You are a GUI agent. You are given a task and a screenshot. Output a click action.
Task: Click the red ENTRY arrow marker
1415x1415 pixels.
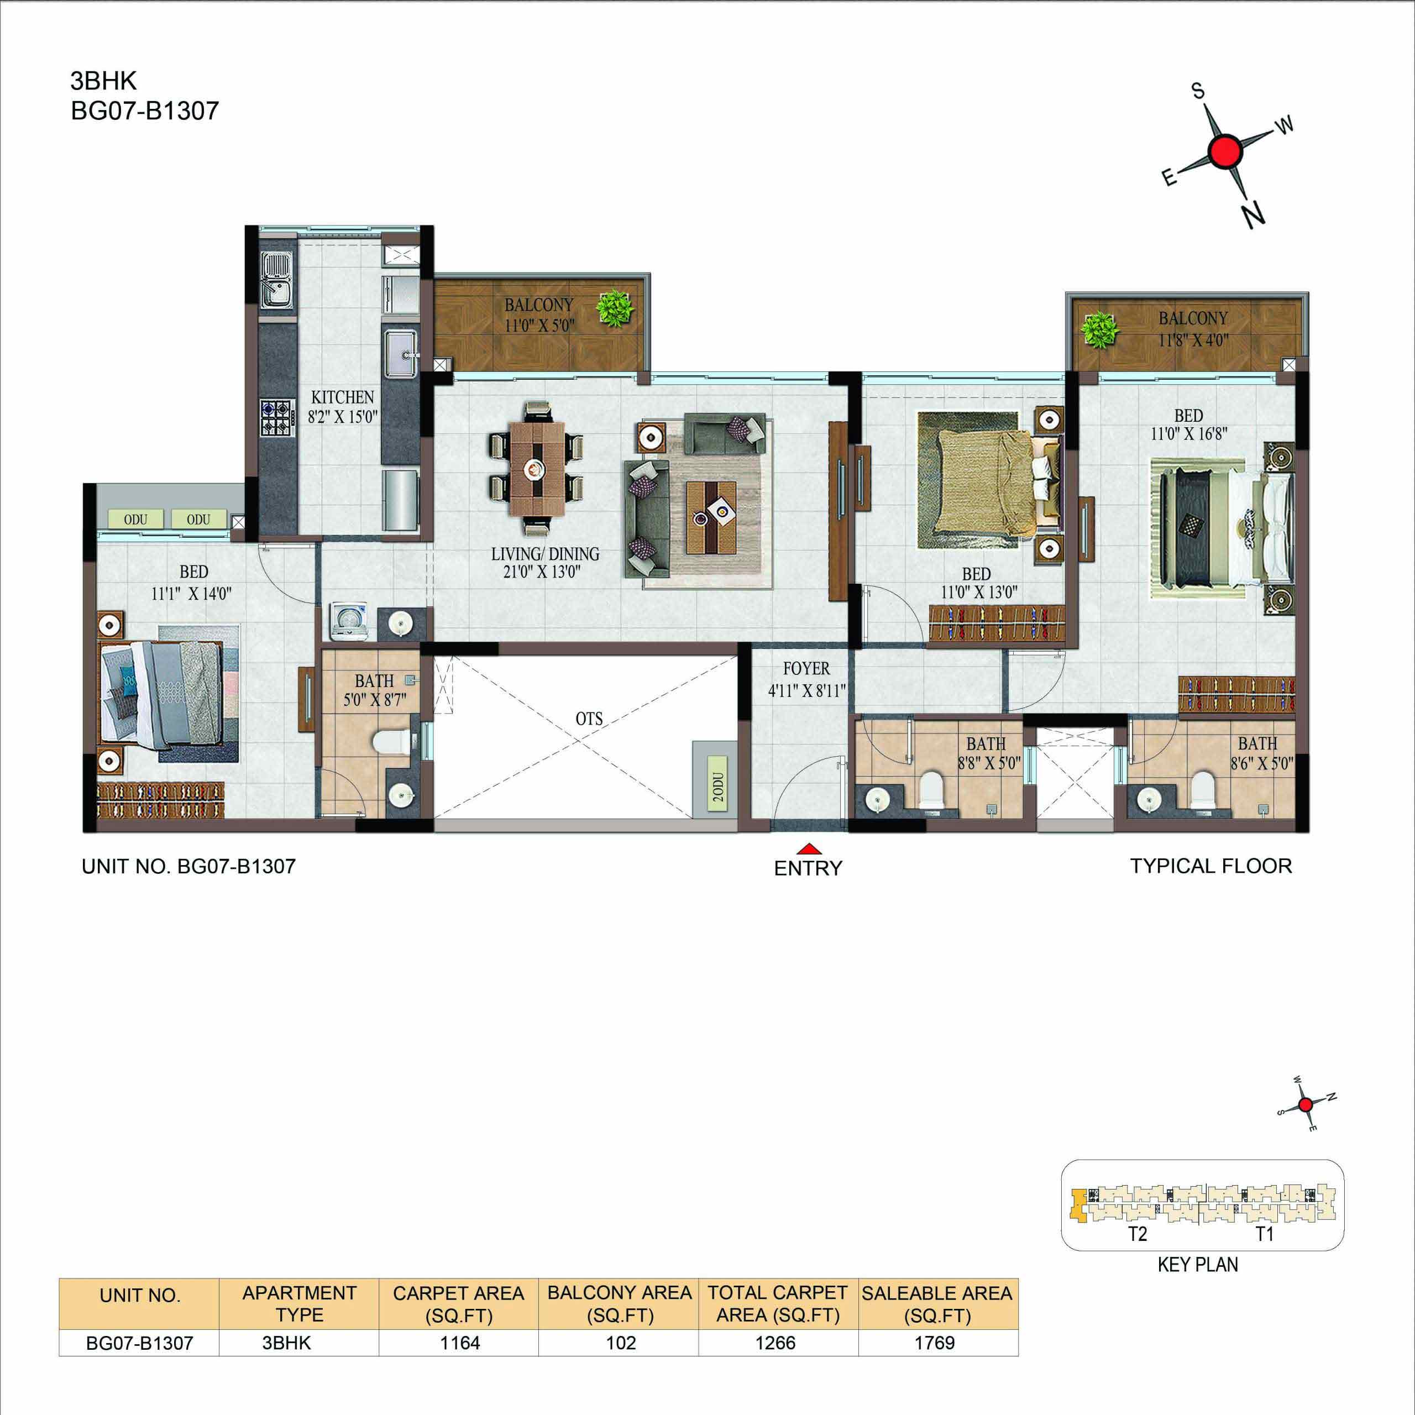click(x=808, y=850)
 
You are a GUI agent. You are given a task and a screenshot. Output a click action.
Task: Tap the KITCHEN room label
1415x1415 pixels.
click(x=343, y=398)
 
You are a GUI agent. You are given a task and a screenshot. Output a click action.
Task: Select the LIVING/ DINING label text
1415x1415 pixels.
click(x=545, y=554)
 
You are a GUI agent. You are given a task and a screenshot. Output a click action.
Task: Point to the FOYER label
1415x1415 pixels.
click(x=806, y=669)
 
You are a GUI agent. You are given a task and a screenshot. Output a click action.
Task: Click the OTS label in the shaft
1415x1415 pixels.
click(x=589, y=719)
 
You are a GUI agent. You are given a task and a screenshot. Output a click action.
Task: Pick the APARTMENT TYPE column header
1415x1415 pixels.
click(x=300, y=1314)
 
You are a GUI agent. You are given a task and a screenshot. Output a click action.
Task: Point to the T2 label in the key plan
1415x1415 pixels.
click(x=1138, y=1234)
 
